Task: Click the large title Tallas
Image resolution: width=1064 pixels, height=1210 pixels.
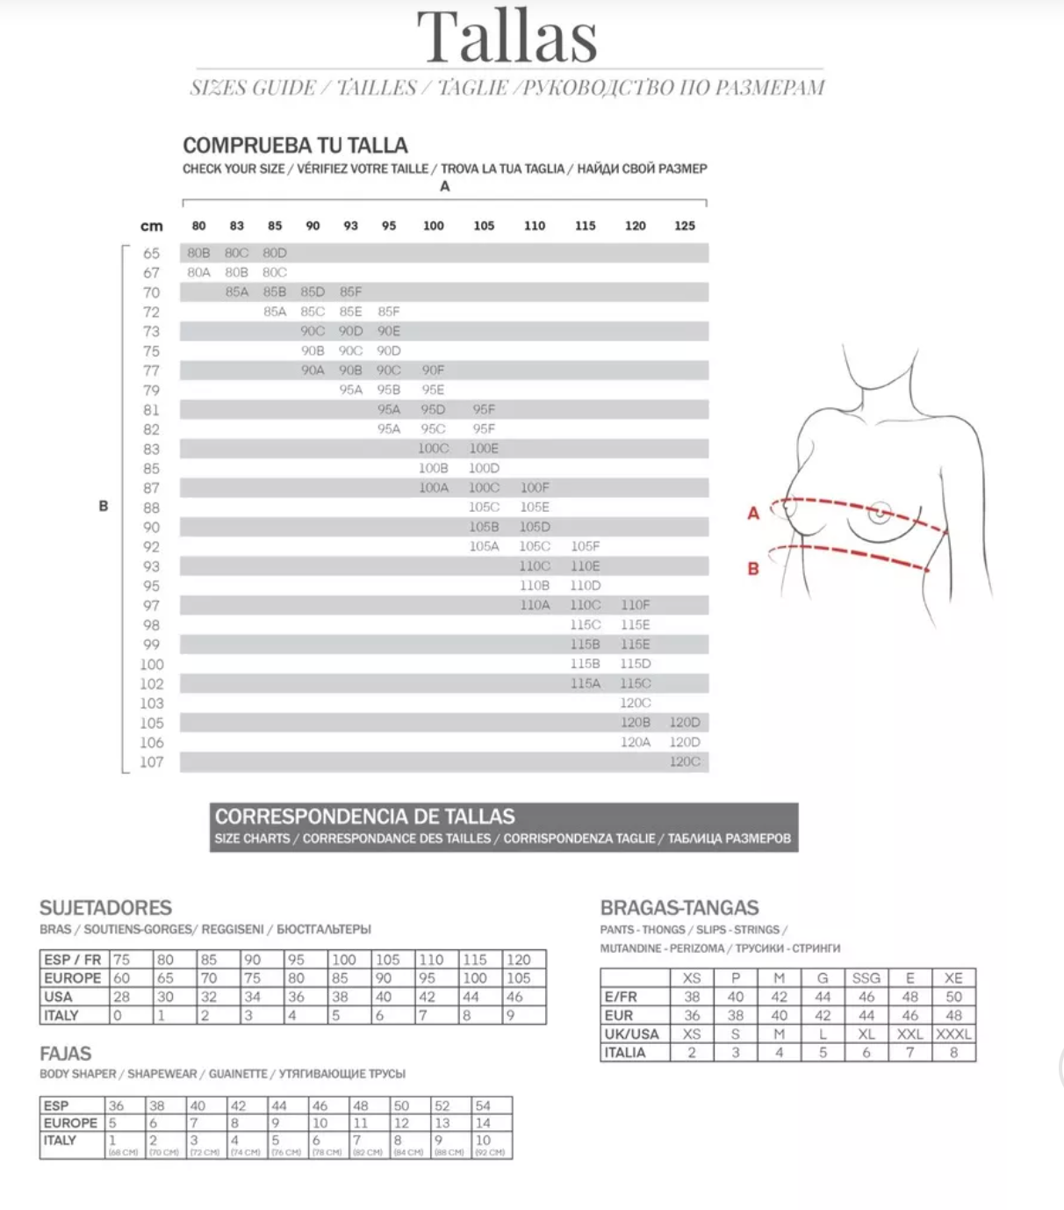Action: [x=507, y=37]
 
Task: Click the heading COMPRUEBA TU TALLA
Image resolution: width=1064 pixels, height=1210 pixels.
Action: [x=295, y=145]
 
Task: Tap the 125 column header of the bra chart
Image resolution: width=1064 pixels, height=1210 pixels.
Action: [x=685, y=226]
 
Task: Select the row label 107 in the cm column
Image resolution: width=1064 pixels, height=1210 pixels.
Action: [x=151, y=762]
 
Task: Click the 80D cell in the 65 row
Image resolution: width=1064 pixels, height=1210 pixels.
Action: [x=275, y=253]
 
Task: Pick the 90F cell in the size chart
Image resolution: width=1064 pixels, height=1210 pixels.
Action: [x=433, y=371]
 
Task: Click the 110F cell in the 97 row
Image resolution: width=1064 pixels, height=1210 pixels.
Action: [x=635, y=605]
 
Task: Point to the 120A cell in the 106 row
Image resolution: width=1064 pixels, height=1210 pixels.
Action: [x=635, y=742]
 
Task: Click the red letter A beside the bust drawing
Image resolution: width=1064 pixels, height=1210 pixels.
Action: [x=753, y=514]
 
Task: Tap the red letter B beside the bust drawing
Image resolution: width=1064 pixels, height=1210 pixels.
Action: [x=753, y=569]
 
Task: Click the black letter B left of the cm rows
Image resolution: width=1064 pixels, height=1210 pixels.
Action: [x=104, y=506]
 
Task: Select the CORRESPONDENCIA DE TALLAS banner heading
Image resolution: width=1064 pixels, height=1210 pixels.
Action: [x=365, y=817]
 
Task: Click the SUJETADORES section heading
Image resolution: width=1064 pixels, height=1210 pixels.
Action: [x=105, y=908]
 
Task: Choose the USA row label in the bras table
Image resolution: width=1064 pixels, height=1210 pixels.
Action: [x=58, y=997]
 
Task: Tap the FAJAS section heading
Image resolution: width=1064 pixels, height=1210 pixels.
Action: [x=65, y=1054]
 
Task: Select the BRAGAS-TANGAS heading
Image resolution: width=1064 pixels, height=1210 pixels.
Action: [x=679, y=908]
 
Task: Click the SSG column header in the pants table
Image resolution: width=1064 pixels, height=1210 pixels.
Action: [x=866, y=978]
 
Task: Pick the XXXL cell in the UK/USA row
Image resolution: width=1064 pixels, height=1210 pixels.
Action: [x=953, y=1034]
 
